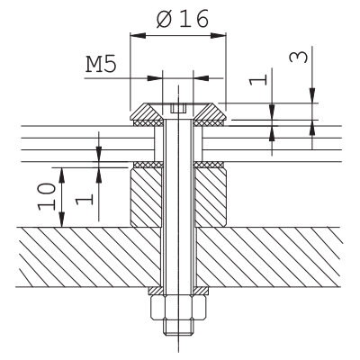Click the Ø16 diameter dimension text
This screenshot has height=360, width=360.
click(183, 19)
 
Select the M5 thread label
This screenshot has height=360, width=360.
click(101, 65)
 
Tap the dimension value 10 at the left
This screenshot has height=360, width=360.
click(47, 196)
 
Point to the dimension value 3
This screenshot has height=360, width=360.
click(298, 57)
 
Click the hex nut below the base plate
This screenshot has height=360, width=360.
click(178, 307)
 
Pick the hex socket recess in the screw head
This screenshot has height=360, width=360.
click(178, 108)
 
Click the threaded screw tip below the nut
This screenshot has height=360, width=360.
click(178, 327)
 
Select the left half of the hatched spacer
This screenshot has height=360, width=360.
click(146, 197)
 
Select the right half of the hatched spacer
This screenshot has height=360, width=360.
click(211, 197)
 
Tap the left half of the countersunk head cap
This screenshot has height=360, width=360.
click(147, 112)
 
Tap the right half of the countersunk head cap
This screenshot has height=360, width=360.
click(211, 112)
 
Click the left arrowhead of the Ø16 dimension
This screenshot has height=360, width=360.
click(137, 35)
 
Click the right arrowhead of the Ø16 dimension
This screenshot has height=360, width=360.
click(218, 35)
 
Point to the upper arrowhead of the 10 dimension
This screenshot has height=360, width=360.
click(62, 175)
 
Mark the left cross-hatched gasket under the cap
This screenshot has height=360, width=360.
click(148, 123)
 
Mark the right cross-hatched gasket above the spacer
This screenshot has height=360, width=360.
click(209, 165)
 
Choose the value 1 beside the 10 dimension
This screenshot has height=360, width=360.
click(85, 200)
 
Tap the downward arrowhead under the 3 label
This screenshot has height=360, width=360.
click(312, 95)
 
